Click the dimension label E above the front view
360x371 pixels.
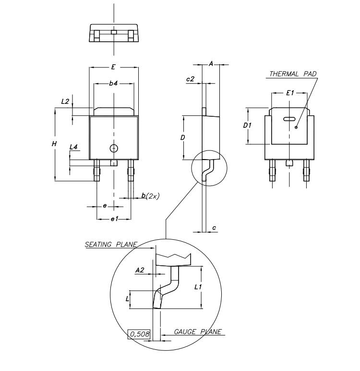click(113, 67)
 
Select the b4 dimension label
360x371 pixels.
click(113, 84)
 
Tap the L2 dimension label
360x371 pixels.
click(66, 101)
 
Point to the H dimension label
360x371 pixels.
click(54, 144)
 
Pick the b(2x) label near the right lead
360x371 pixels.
click(150, 196)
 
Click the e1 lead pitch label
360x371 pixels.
click(114, 219)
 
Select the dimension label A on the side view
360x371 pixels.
click(211, 64)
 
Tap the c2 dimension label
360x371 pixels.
click(190, 79)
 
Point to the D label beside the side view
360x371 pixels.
click(183, 137)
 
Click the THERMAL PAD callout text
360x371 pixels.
click(292, 74)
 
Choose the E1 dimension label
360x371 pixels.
click(289, 93)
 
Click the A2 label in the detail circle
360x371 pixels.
click(140, 271)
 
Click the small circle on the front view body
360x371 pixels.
click(113, 148)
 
